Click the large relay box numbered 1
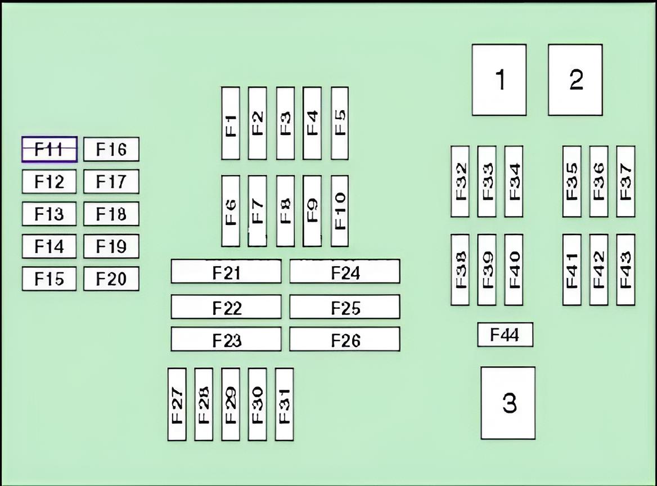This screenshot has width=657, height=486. coord(499,80)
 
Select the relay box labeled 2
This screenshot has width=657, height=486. coord(575,80)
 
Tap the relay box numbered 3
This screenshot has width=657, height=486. coord(508,403)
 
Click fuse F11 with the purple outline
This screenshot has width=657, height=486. coord(49,149)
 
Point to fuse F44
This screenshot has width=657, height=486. coord(505,335)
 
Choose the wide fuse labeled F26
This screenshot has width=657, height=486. coord(345,340)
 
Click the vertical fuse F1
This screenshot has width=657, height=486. coord(230,123)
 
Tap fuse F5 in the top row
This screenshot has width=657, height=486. coord(340,123)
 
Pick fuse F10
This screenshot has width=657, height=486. coord(340,211)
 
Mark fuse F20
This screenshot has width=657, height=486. coord(111,279)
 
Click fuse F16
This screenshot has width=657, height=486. coord(111,150)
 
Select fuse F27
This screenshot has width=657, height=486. coord(177,404)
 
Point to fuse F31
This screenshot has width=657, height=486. coord(284,404)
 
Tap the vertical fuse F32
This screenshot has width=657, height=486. coord(460,181)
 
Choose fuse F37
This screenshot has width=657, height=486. coord(625,181)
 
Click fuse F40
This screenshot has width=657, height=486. coord(514,270)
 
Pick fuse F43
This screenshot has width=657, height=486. coord(625,270)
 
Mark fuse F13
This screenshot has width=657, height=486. coord(49,214)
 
